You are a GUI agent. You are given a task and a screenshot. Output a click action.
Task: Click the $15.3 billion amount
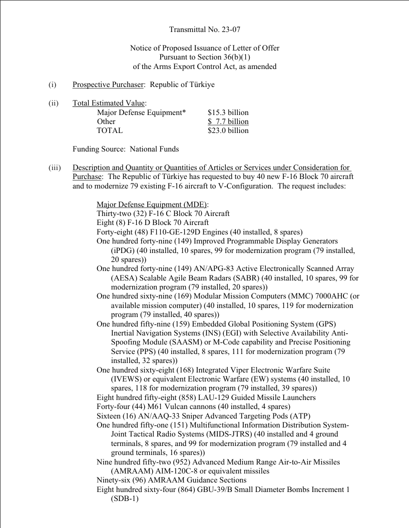(228, 112)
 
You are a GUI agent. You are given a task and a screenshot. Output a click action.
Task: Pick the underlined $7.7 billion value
(228, 121)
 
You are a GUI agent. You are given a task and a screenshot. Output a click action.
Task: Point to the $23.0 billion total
(228, 130)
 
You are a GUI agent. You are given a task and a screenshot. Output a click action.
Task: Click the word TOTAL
(109, 130)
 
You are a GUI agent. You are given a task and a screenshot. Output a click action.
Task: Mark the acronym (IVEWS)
(127, 379)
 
